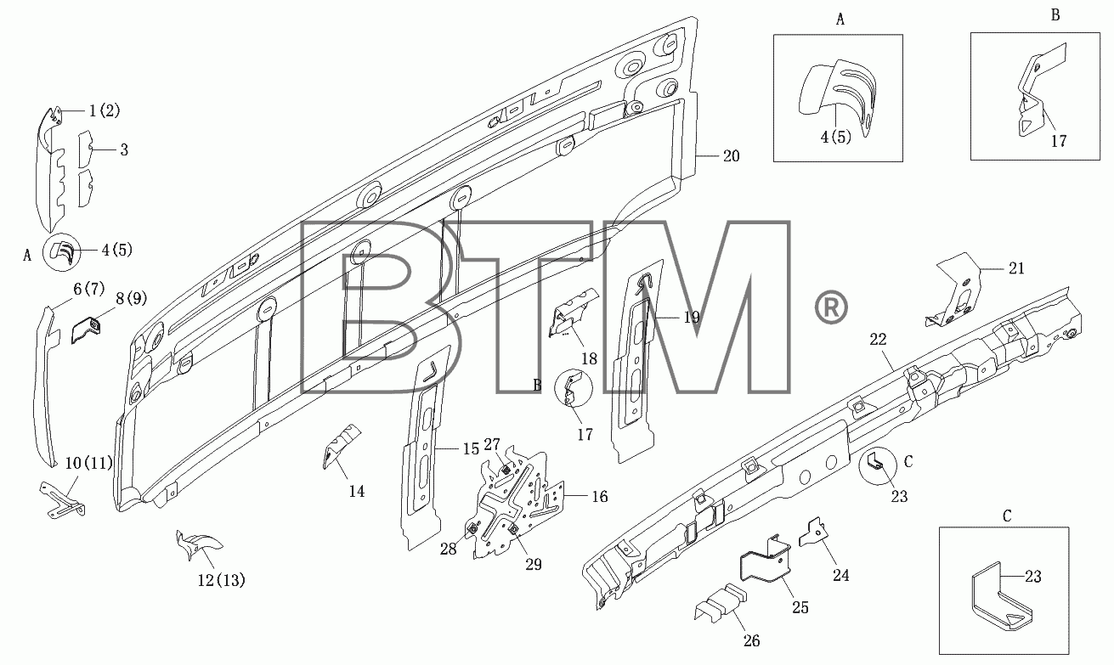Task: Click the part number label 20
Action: click(x=731, y=156)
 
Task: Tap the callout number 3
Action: click(x=124, y=149)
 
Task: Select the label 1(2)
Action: click(x=105, y=110)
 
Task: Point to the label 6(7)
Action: click(x=89, y=289)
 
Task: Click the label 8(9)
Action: click(x=132, y=298)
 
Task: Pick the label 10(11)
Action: click(x=89, y=463)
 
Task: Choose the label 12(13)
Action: click(x=221, y=580)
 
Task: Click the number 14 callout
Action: click(x=357, y=492)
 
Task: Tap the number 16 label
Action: click(x=600, y=496)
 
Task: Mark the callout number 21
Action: click(x=1016, y=268)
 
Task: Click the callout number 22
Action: click(x=879, y=340)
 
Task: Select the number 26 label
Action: click(x=751, y=641)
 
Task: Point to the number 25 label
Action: click(x=800, y=607)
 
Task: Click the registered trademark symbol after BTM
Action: click(x=830, y=308)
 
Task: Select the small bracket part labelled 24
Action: click(x=813, y=533)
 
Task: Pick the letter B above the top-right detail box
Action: click(x=1055, y=15)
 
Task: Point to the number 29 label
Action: click(x=534, y=565)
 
